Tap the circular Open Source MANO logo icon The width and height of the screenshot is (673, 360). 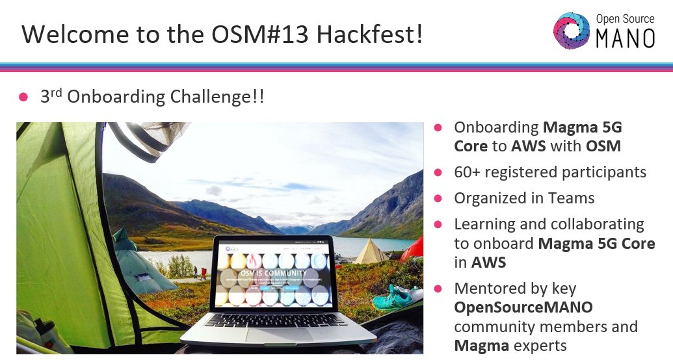(x=572, y=31)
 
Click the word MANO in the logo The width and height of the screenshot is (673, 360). (x=626, y=39)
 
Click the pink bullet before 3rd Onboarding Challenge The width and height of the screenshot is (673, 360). (x=24, y=97)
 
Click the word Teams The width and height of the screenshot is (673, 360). (x=570, y=198)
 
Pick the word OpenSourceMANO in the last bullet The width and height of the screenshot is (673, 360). (x=523, y=307)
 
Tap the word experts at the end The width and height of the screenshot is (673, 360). (x=539, y=345)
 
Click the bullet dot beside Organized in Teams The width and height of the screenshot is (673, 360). (x=438, y=198)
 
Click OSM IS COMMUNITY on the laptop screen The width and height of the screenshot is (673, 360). (x=275, y=273)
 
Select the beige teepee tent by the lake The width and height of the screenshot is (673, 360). (x=371, y=251)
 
